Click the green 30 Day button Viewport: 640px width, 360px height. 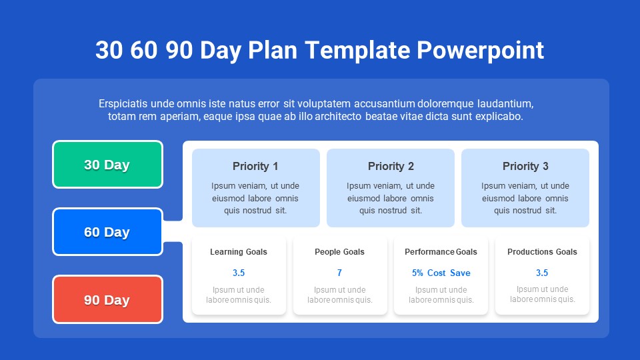click(107, 165)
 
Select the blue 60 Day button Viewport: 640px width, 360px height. click(107, 232)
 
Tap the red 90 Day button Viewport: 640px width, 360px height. click(107, 300)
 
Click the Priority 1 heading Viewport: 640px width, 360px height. click(255, 166)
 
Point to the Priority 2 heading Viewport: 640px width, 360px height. click(391, 166)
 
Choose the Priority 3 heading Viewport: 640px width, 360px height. click(525, 166)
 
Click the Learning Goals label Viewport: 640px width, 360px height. click(239, 252)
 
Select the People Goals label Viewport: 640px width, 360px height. click(339, 252)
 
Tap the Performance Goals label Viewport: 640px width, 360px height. click(441, 252)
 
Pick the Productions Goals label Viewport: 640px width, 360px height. click(542, 252)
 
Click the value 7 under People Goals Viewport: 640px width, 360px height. click(339, 273)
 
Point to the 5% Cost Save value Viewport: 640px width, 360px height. click(441, 273)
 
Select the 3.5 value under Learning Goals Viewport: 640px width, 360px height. click(239, 273)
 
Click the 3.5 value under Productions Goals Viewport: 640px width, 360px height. click(542, 273)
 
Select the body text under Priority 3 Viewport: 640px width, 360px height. click(525, 198)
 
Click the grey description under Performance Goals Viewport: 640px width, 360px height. click(441, 295)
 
